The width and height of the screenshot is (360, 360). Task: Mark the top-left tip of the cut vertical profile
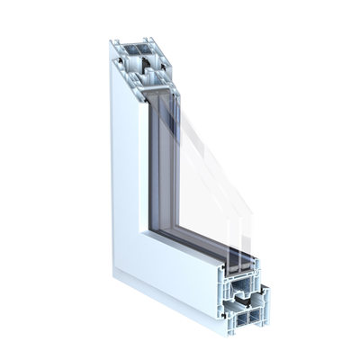pyautogui.click(x=112, y=40)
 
